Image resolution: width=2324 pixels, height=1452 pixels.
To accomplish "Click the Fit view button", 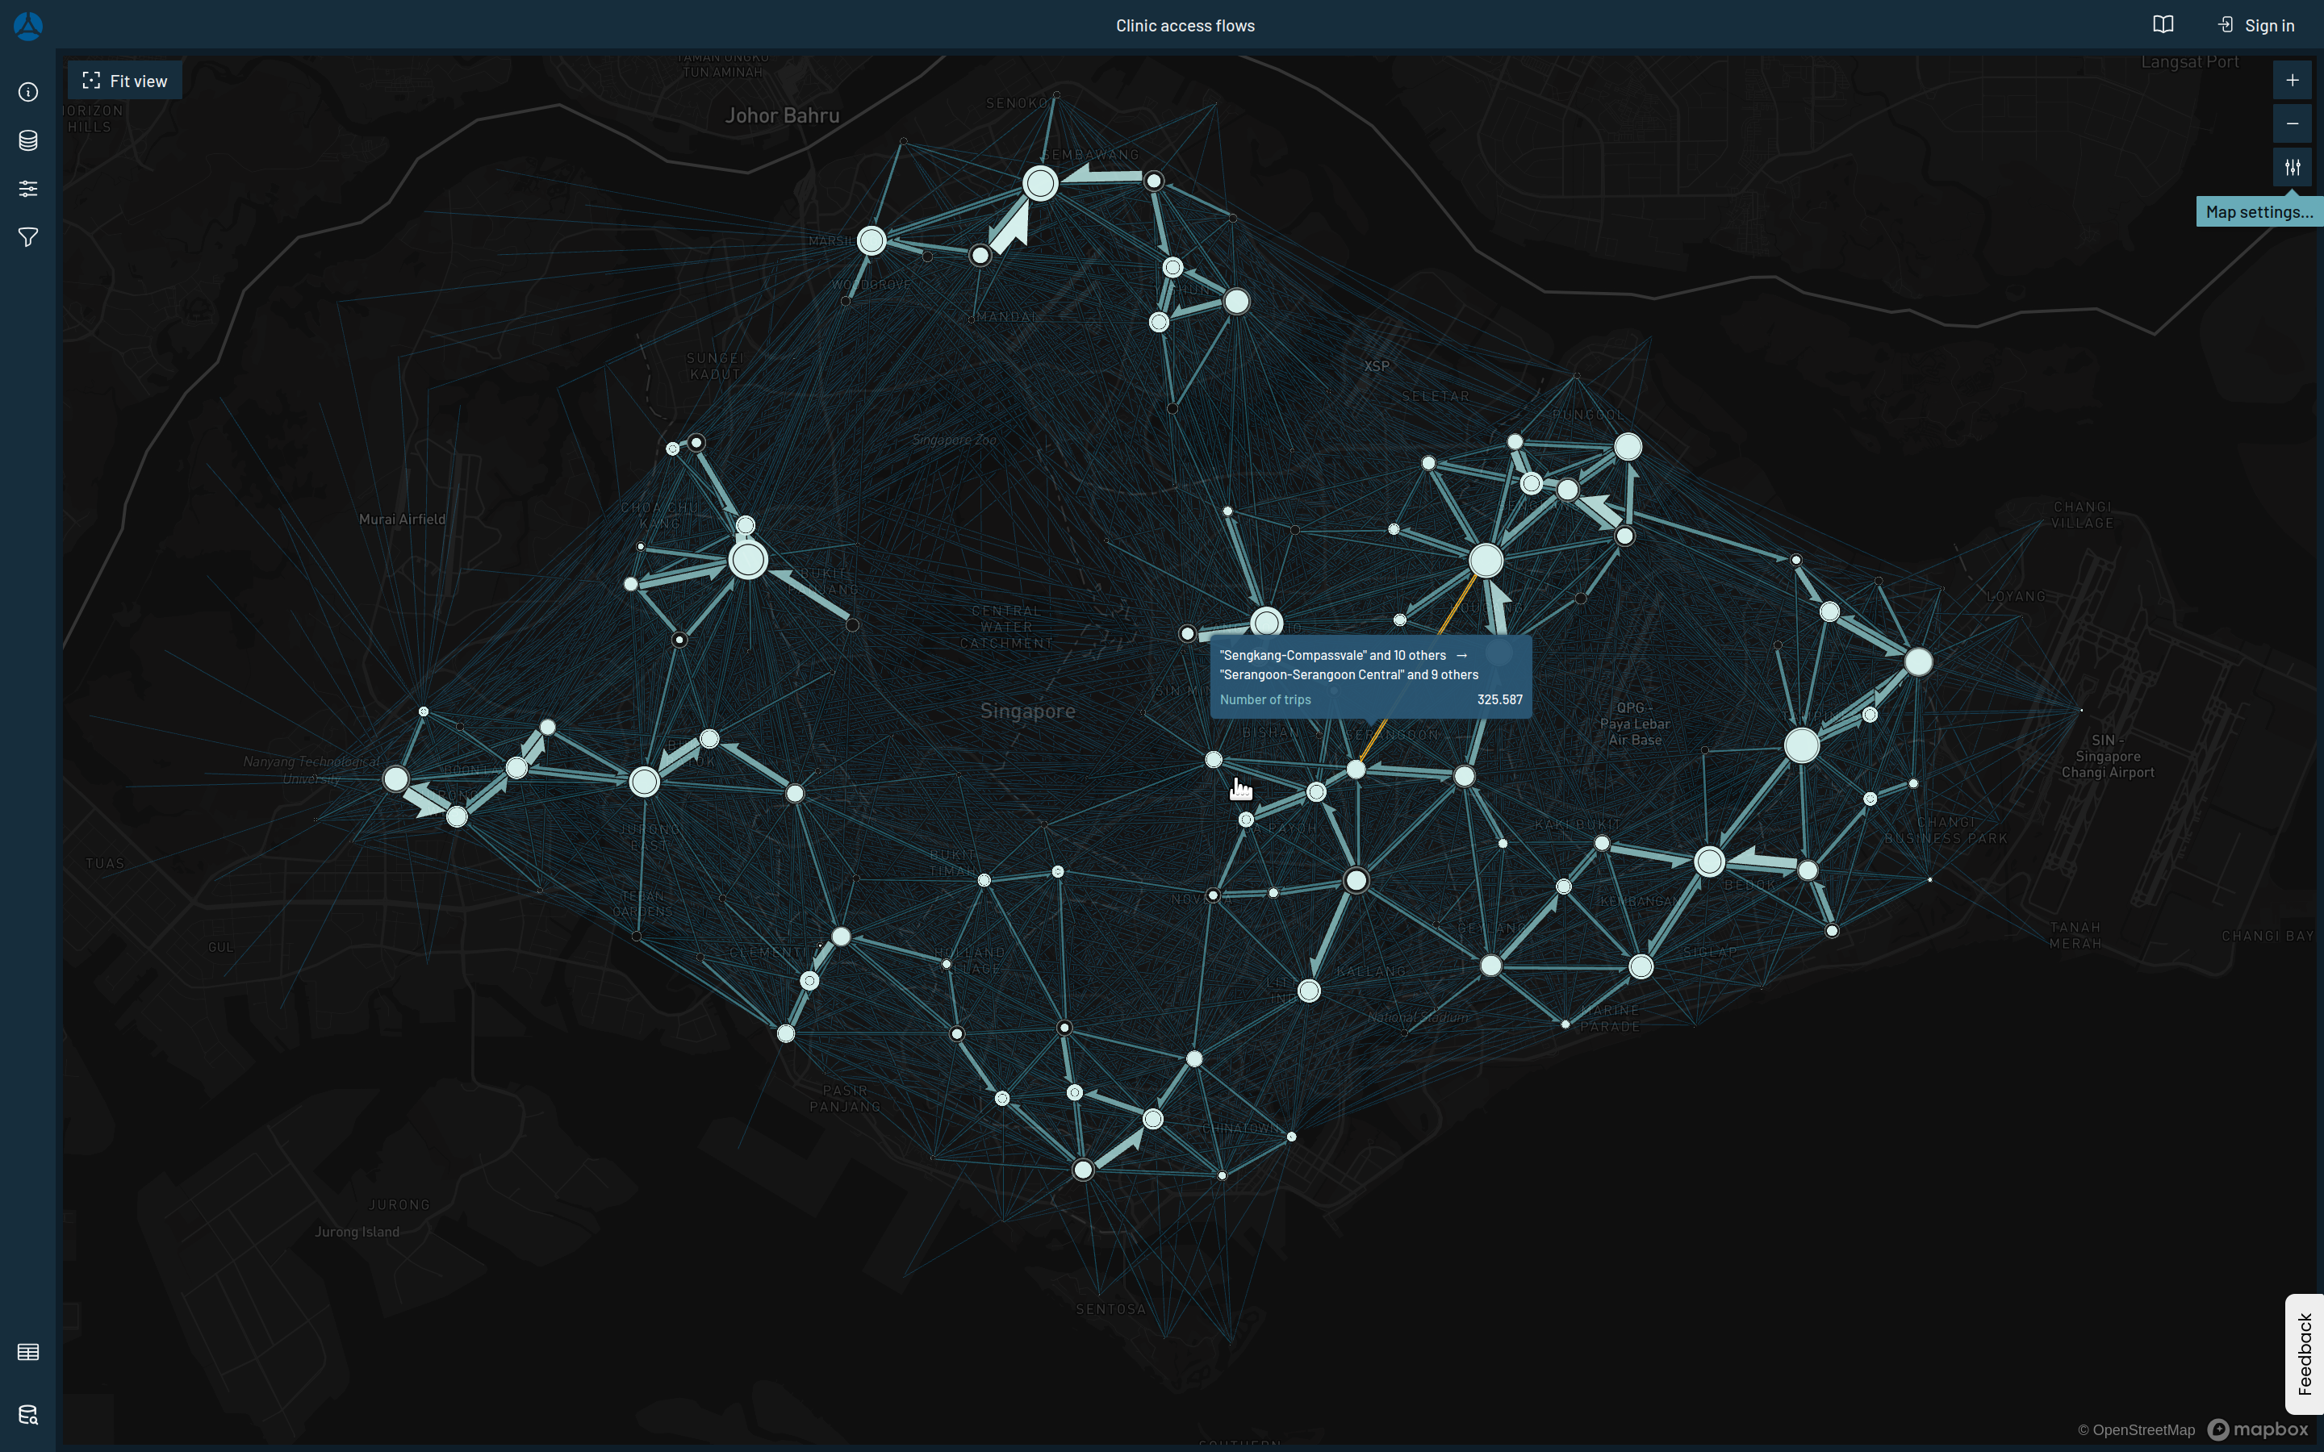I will point(125,81).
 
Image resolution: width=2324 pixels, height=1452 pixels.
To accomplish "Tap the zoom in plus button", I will point(2292,81).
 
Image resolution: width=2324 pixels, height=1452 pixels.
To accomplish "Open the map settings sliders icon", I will point(2292,167).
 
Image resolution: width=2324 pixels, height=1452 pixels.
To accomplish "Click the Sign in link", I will point(2256,26).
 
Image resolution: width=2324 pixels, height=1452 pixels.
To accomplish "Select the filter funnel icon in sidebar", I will point(28,237).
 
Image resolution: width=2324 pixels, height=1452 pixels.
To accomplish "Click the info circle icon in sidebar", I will point(28,92).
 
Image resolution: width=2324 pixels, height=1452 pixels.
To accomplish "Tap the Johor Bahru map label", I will point(782,116).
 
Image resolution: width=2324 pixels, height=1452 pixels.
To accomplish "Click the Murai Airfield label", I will point(401,519).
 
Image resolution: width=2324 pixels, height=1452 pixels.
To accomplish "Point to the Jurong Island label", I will point(357,1232).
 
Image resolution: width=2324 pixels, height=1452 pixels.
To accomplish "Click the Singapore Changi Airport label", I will point(2107,757).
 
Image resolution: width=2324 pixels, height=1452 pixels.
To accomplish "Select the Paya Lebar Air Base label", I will point(1635,724).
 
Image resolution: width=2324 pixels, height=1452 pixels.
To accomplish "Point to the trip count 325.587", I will point(1499,700).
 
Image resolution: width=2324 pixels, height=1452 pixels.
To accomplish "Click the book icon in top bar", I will point(2163,25).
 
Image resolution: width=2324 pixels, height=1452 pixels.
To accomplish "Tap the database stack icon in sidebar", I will point(28,140).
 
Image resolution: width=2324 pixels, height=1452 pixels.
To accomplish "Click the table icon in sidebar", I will point(28,1352).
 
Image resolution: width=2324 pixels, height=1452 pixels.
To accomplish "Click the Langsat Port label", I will point(2188,62).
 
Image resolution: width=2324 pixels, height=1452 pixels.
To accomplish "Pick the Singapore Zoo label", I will point(954,440).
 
